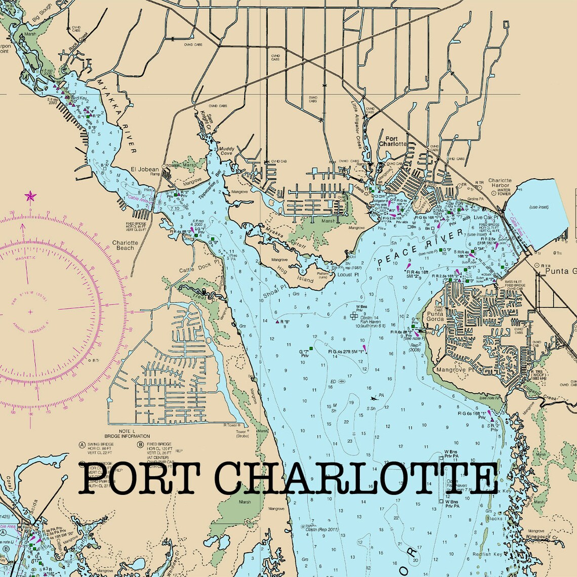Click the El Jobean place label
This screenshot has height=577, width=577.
[x=145, y=170]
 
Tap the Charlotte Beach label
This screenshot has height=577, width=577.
[x=125, y=245]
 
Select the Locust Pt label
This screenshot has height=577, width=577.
[x=348, y=274]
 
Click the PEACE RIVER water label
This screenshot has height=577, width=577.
[x=420, y=248]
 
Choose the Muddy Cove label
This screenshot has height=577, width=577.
[x=226, y=151]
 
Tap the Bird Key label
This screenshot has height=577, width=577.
[x=79, y=98]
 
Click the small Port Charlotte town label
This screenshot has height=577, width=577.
[x=395, y=141]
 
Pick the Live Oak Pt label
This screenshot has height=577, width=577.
[x=486, y=217]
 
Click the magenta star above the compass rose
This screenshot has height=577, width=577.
[x=30, y=195]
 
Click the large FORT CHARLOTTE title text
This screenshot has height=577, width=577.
[x=288, y=478]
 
